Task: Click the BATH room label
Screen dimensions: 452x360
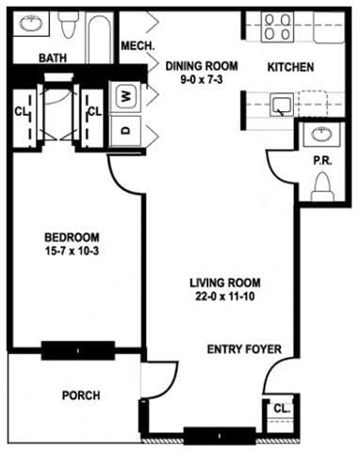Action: [x=52, y=58]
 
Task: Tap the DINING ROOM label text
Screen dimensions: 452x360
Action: [x=201, y=66]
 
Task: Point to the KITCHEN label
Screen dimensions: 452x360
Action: [x=290, y=67]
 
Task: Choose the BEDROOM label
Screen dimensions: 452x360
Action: [x=72, y=237]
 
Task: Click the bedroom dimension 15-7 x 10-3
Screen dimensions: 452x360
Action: [x=72, y=252]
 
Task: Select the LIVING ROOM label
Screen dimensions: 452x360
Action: [x=223, y=282]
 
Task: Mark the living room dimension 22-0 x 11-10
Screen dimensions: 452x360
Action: [x=223, y=298]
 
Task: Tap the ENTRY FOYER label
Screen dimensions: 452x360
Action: [x=244, y=349]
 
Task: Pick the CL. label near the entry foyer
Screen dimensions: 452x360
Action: [x=281, y=408]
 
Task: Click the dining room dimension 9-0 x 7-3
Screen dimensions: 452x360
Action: [x=201, y=81]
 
